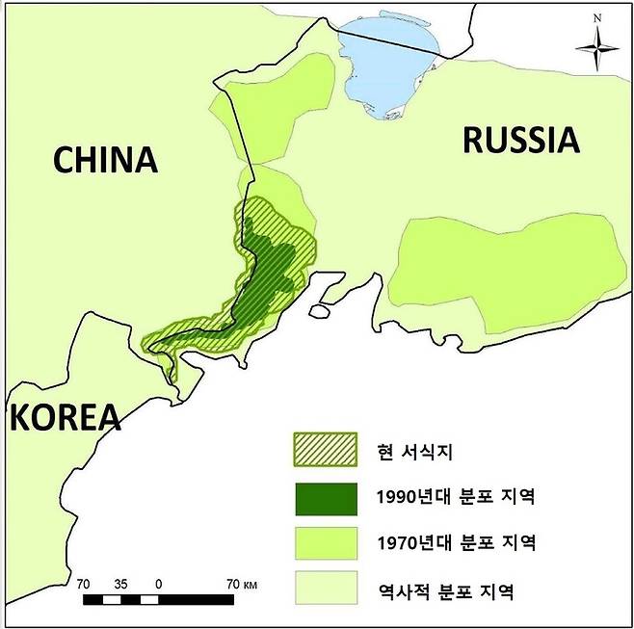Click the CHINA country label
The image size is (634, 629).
pyautogui.click(x=104, y=159)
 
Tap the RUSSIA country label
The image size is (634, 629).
pyautogui.click(x=521, y=141)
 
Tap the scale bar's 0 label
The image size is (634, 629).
pyautogui.click(x=158, y=584)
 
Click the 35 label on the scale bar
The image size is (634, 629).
pyautogui.click(x=120, y=584)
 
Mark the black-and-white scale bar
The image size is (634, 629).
pyautogui.click(x=158, y=600)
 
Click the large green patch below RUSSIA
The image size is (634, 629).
pyautogui.click(x=501, y=265)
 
